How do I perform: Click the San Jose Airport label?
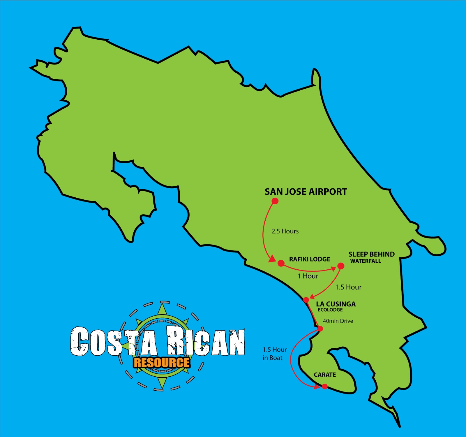(306, 192)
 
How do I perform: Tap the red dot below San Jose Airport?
(275, 201)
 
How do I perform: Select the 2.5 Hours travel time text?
(285, 231)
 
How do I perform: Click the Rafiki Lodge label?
(309, 259)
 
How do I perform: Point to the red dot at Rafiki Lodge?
(281, 263)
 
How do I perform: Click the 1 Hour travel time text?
(308, 276)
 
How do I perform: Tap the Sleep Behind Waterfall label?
(371, 257)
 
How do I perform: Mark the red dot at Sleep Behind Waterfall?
(341, 266)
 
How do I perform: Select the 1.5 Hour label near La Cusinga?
(348, 287)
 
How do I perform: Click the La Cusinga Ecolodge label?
(336, 306)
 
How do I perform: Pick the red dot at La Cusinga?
(306, 300)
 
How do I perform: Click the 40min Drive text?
(338, 321)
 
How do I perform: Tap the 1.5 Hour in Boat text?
(274, 354)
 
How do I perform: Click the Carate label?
(325, 375)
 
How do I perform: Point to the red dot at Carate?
(325, 387)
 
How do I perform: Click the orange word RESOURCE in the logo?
(162, 363)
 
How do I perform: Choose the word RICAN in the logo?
(206, 342)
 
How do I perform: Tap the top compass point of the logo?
(162, 308)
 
